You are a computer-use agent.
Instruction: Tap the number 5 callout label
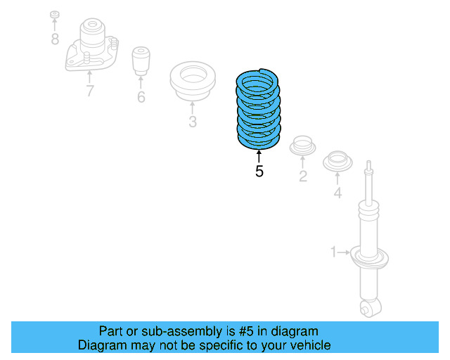[259, 171]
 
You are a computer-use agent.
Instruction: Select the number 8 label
[56, 39]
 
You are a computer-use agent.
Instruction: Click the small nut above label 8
[55, 15]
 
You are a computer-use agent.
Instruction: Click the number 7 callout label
[89, 91]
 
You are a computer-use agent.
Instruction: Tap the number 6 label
[141, 97]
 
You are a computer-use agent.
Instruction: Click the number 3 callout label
[193, 123]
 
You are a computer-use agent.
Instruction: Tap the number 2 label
[303, 176]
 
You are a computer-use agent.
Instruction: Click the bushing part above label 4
[338, 163]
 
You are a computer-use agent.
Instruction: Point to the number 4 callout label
[338, 193]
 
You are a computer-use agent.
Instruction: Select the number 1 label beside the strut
[335, 251]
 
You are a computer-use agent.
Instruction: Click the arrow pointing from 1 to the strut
[345, 251]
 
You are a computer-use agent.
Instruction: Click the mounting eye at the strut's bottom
[368, 307]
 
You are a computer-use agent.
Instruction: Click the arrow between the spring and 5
[259, 156]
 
